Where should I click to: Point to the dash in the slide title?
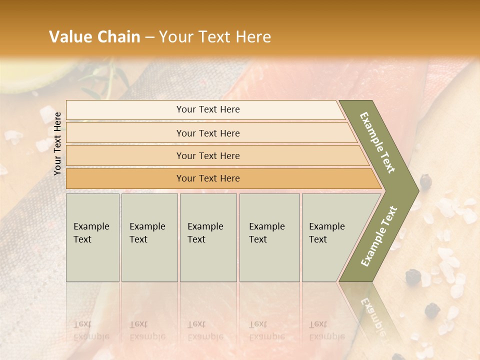click(149, 37)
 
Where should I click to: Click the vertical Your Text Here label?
click(57, 143)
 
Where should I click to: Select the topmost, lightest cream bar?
click(205, 109)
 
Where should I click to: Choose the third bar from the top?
click(210, 155)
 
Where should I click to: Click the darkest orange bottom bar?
click(215, 178)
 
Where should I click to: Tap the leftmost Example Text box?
click(92, 237)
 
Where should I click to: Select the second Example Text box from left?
click(149, 237)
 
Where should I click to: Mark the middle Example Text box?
click(208, 237)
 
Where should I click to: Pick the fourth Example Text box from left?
click(269, 237)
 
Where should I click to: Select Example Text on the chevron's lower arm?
click(379, 236)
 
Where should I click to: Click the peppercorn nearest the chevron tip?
click(426, 182)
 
